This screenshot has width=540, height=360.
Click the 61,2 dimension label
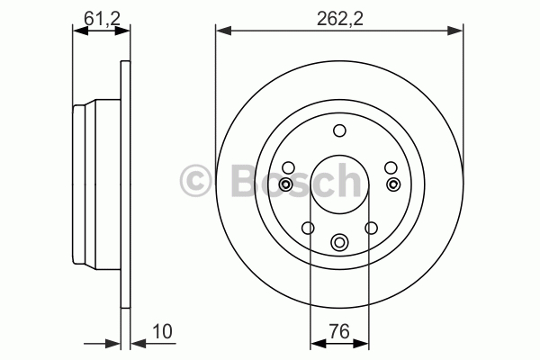pyautogui.click(x=102, y=19)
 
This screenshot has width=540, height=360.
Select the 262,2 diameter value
pyautogui.click(x=340, y=19)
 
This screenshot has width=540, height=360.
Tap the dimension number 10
pyautogui.click(x=162, y=331)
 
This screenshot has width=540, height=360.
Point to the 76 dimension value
pyautogui.click(x=339, y=331)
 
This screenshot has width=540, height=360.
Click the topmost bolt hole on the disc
pyautogui.click(x=339, y=130)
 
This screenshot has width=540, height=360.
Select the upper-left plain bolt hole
pyautogui.click(x=288, y=168)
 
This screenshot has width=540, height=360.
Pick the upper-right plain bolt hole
pyautogui.click(x=391, y=168)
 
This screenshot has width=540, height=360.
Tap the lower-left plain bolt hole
pyautogui.click(x=308, y=228)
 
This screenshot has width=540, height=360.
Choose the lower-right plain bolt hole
pyautogui.click(x=371, y=228)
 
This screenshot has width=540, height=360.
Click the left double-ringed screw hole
pyautogui.click(x=285, y=184)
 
